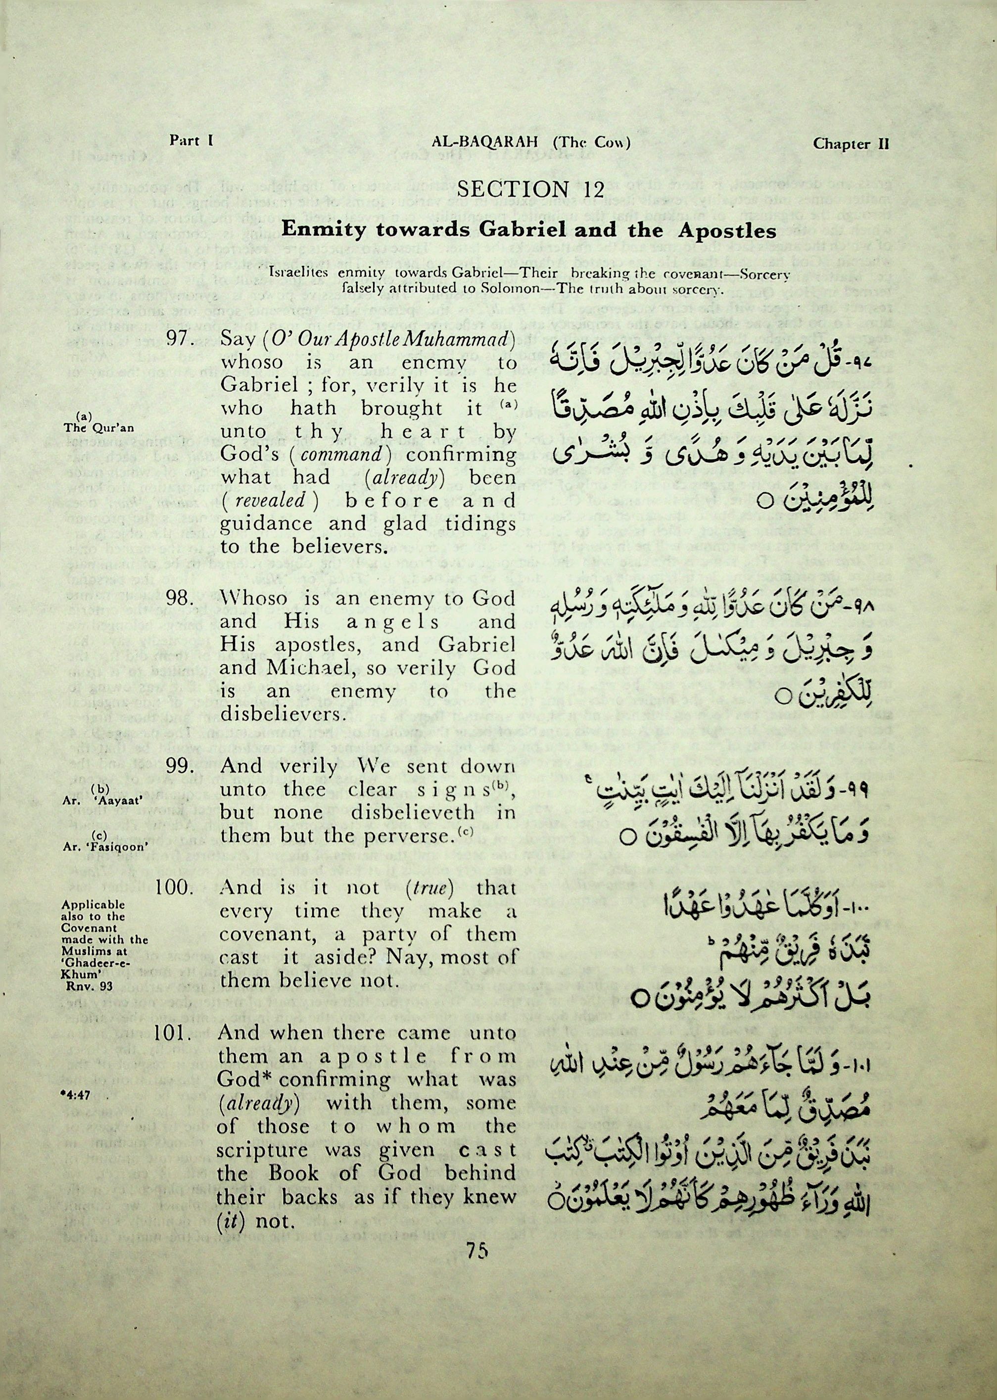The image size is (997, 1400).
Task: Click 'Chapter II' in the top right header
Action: click(x=851, y=143)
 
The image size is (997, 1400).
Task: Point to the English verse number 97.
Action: click(x=181, y=339)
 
